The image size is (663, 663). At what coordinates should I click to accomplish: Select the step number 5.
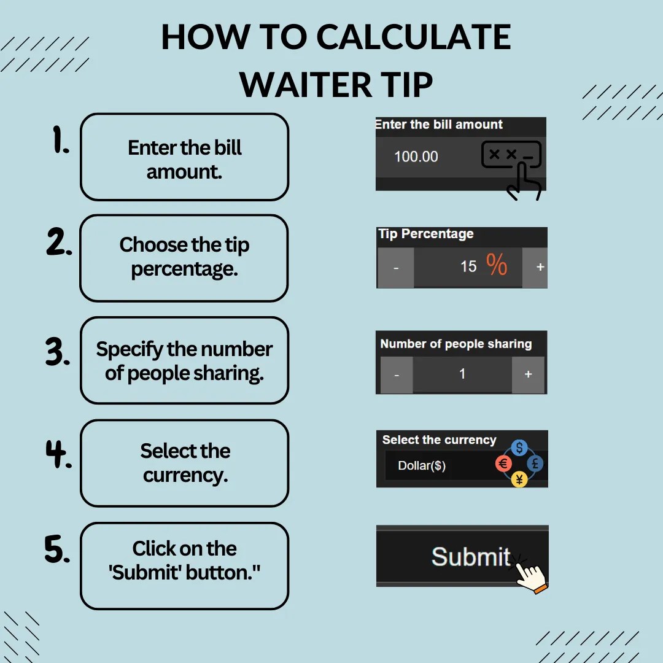click(x=57, y=549)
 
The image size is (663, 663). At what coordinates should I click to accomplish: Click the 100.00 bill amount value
click(x=416, y=157)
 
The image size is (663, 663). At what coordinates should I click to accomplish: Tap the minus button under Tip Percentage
click(x=395, y=268)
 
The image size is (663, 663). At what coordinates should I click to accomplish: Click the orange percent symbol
click(x=497, y=265)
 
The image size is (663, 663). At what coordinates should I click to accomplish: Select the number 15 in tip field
click(x=468, y=266)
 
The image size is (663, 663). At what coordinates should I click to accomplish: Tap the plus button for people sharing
click(x=528, y=374)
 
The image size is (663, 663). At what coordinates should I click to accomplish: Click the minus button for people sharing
click(x=397, y=374)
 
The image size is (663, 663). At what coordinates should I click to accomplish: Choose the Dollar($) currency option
click(x=422, y=465)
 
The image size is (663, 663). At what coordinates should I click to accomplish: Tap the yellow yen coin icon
click(x=519, y=479)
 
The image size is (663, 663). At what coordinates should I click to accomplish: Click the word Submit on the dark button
click(x=470, y=557)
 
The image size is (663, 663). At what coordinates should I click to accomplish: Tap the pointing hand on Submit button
click(x=531, y=576)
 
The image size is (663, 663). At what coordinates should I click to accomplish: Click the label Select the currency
click(x=439, y=440)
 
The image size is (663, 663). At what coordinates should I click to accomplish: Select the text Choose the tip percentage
click(x=184, y=257)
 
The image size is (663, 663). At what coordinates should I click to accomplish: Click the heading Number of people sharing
click(x=456, y=344)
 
